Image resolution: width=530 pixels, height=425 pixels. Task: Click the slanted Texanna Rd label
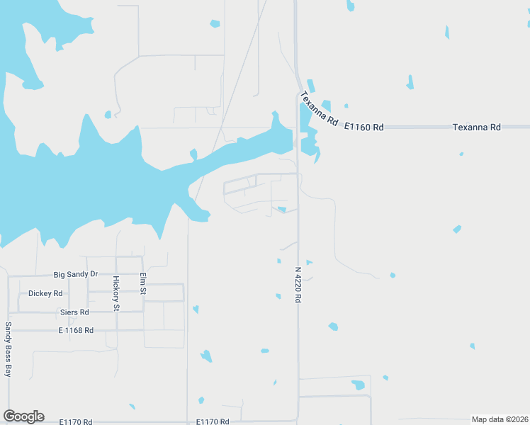[x=319, y=109]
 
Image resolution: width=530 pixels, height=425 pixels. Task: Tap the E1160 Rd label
[x=363, y=127]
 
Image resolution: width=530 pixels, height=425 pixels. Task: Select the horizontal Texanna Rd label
[x=476, y=127]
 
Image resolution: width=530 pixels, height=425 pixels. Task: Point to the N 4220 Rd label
[x=298, y=285]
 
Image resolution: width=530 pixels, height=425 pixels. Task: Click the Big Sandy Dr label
[x=76, y=274]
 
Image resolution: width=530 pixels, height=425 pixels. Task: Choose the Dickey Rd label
[x=45, y=293]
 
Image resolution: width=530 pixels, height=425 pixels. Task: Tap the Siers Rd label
[x=74, y=312]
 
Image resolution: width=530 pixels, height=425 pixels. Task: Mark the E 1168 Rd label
[x=76, y=330]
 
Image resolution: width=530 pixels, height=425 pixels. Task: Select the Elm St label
[x=142, y=283]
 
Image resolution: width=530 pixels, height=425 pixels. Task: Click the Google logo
[x=23, y=416]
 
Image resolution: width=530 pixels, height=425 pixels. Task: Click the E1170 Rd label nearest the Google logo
[x=76, y=422]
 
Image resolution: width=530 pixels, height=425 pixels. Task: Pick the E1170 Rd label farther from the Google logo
[x=213, y=422]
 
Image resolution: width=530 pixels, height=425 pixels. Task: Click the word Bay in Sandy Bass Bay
[x=9, y=369]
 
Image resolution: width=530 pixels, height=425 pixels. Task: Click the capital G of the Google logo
[x=9, y=416]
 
